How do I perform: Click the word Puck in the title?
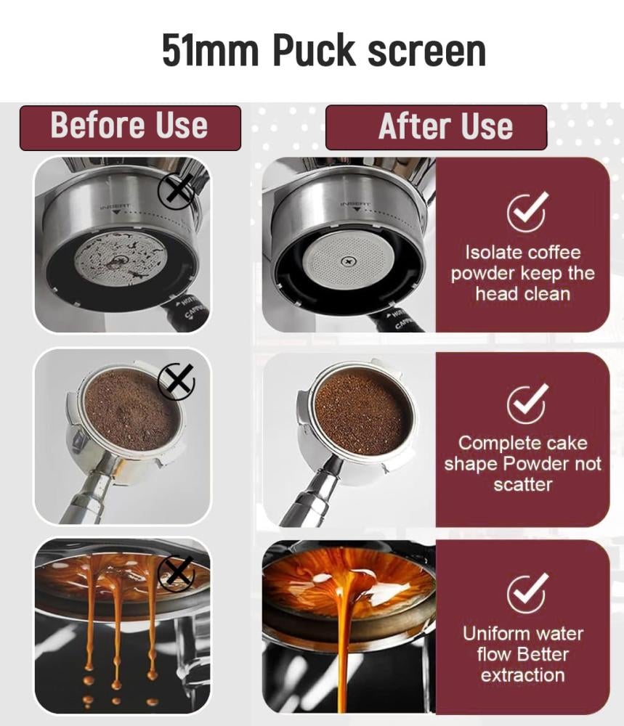(314, 50)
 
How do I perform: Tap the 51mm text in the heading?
(210, 51)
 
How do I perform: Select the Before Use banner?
(130, 128)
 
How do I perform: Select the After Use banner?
(436, 127)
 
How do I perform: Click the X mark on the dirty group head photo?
(177, 191)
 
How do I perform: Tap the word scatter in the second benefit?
(522, 485)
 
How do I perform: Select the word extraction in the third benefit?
(522, 675)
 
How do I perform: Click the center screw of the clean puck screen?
(347, 262)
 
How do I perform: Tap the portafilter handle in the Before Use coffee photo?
(88, 495)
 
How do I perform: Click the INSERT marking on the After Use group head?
(356, 203)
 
